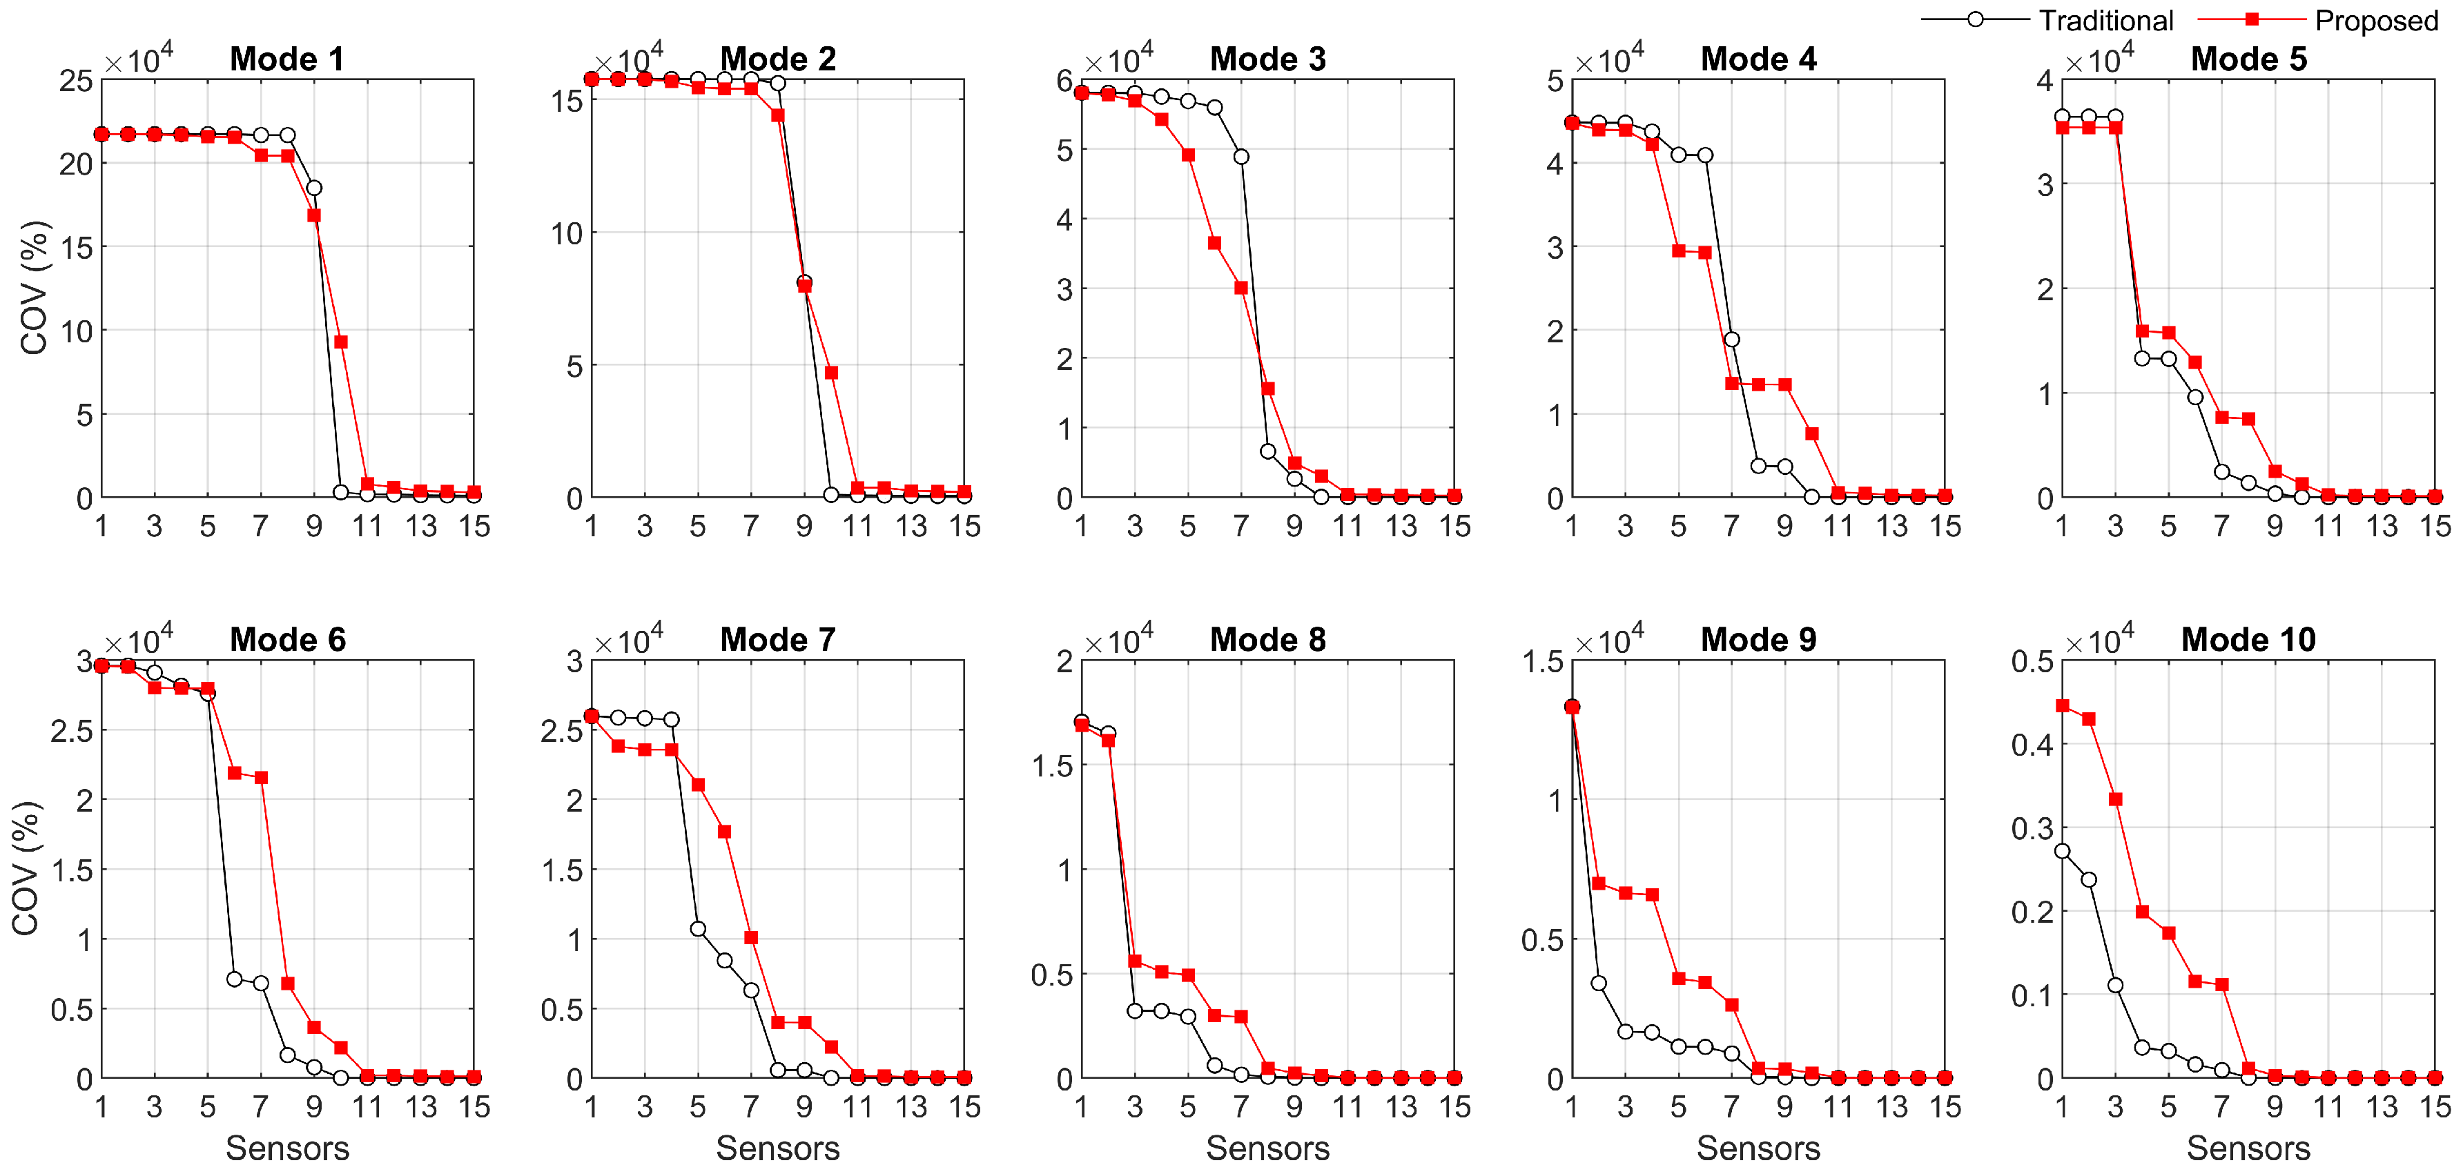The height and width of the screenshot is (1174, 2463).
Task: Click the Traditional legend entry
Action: pos(2047,20)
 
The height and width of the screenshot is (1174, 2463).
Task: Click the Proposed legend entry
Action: pos(2319,20)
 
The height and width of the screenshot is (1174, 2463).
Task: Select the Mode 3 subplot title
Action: pos(1268,59)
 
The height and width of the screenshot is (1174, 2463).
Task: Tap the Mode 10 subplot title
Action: pos(2249,640)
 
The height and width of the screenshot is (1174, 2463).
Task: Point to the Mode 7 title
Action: pos(777,640)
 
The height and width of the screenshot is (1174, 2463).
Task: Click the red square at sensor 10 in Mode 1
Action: pos(340,342)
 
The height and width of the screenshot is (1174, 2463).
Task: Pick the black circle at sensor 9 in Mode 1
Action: pos(313,188)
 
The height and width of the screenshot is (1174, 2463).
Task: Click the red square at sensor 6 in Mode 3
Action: pos(1214,244)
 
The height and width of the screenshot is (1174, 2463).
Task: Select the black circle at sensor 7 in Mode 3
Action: pos(1241,157)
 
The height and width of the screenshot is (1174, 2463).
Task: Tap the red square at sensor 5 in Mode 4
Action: pos(1678,251)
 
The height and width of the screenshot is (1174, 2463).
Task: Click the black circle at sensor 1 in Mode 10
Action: pos(2061,851)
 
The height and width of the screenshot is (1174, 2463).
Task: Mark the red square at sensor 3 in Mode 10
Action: pos(2115,799)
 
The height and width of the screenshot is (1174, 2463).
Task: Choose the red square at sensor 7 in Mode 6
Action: pos(261,779)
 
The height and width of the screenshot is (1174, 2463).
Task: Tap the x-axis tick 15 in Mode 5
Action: pos(2434,526)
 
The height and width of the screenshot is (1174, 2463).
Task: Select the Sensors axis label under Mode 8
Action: pos(1268,1148)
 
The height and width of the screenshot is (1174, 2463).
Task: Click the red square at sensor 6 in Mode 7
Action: pos(724,832)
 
